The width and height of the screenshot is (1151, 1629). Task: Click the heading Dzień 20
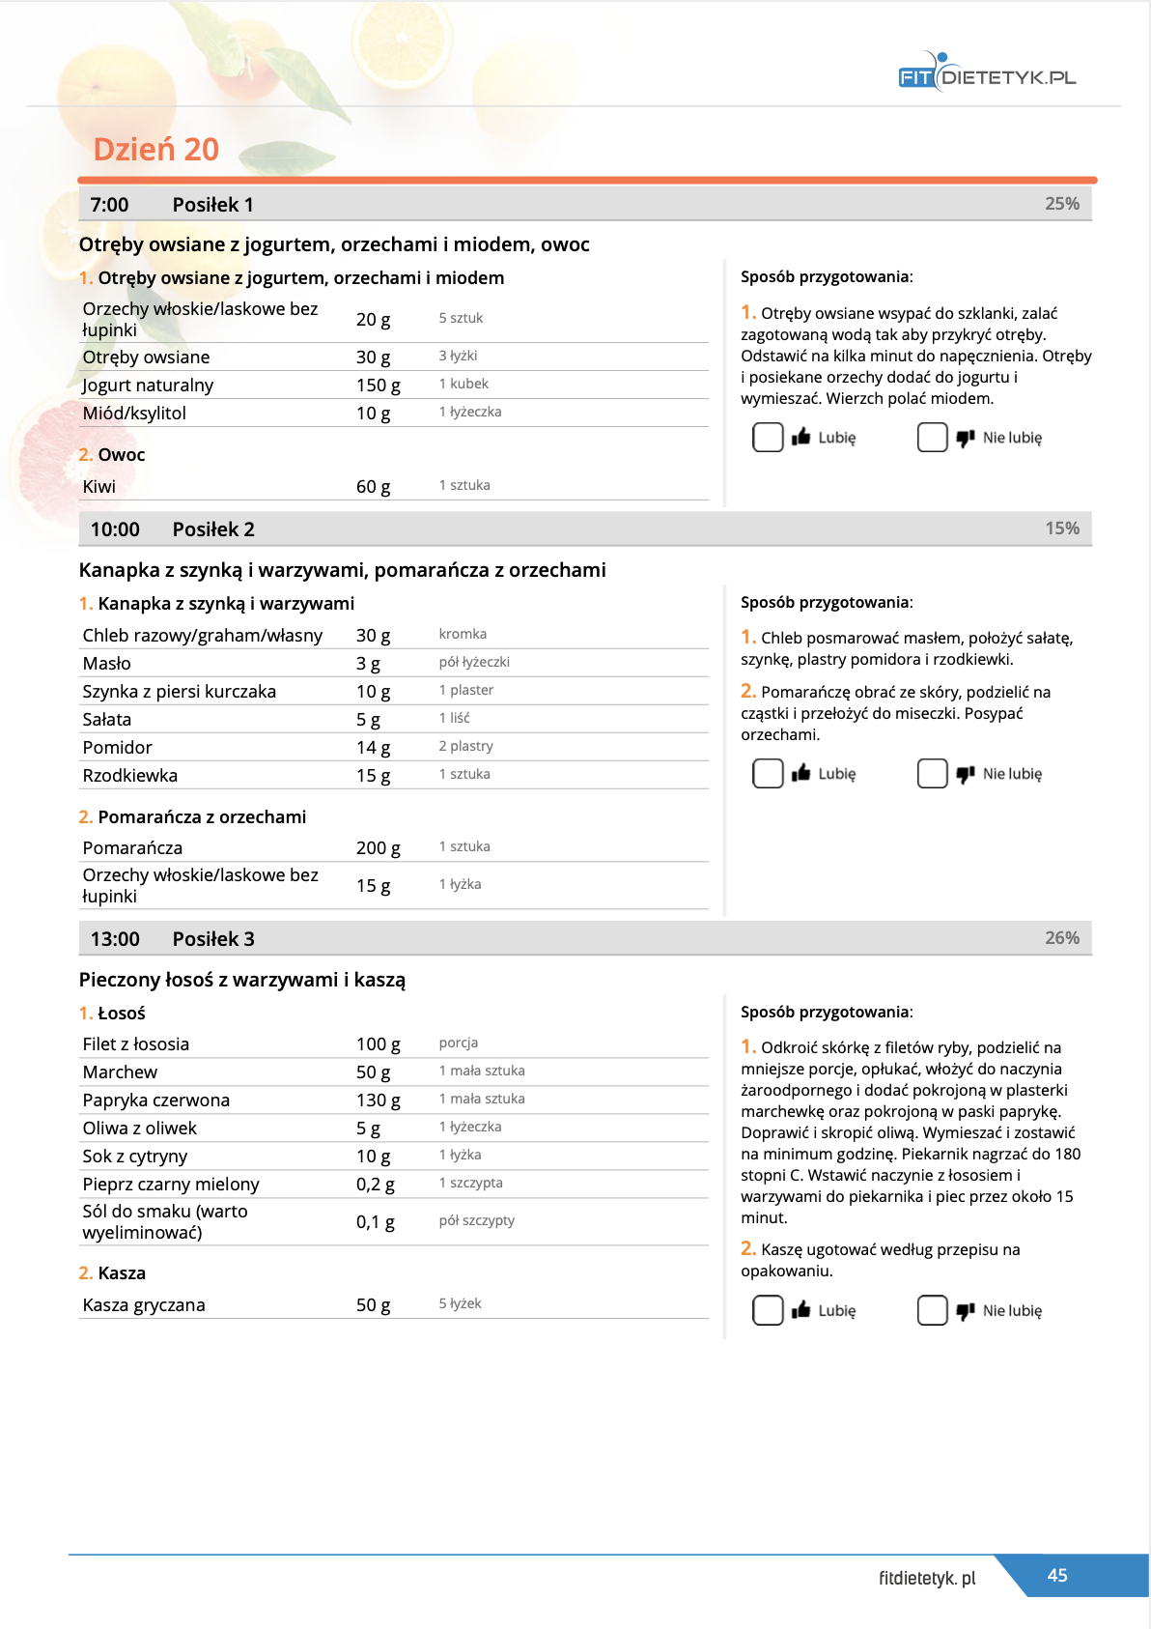tap(155, 150)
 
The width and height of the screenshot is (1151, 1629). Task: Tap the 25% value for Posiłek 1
tap(1061, 204)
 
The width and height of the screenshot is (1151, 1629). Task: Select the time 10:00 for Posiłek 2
tap(115, 529)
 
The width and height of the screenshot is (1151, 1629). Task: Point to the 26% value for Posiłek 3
tap(1061, 938)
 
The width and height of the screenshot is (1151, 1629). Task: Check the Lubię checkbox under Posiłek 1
tap(768, 438)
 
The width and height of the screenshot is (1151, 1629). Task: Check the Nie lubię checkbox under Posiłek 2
tap(932, 774)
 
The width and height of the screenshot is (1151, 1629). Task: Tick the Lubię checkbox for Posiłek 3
tap(768, 1311)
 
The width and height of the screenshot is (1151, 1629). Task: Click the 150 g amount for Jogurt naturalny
tap(378, 386)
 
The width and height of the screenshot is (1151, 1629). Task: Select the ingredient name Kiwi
tap(99, 487)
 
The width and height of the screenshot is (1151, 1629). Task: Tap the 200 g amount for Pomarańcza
tap(378, 848)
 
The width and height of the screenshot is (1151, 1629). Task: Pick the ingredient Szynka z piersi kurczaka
tap(180, 692)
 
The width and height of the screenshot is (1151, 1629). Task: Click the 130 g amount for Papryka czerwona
tap(378, 1100)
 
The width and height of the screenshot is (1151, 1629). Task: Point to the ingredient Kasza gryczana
tap(144, 1305)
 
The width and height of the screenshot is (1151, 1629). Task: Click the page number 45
tap(1057, 1576)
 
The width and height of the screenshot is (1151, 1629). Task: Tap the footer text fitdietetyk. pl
tap(927, 1579)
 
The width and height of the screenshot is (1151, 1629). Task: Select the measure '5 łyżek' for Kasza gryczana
tap(460, 1304)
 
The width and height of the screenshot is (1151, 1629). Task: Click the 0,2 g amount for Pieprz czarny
tap(375, 1185)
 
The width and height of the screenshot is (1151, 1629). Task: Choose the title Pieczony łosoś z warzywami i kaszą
tap(242, 980)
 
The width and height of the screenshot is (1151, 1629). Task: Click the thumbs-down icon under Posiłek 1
tap(965, 439)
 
